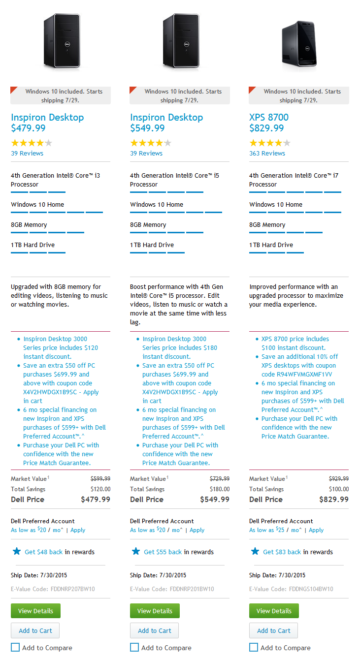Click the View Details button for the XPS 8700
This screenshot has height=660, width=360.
[274, 611]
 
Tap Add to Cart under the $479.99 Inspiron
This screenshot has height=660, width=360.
[35, 630]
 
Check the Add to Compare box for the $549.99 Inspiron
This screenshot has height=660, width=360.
[134, 647]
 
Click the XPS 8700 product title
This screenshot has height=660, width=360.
[269, 117]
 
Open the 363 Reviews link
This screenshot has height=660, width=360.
[267, 153]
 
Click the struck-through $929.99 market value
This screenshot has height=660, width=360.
[339, 478]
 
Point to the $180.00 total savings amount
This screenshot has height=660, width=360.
[220, 489]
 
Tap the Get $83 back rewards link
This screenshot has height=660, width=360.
[282, 552]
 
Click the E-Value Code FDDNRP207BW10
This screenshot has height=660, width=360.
[53, 589]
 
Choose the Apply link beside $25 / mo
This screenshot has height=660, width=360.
[316, 530]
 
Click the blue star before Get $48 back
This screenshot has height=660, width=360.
[17, 551]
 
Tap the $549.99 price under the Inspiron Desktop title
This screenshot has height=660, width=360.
[147, 128]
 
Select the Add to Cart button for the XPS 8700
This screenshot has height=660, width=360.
[273, 630]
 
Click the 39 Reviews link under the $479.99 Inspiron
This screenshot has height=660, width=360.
[27, 153]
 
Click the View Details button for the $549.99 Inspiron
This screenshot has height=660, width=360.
[155, 611]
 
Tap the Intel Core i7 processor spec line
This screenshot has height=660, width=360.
[294, 180]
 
